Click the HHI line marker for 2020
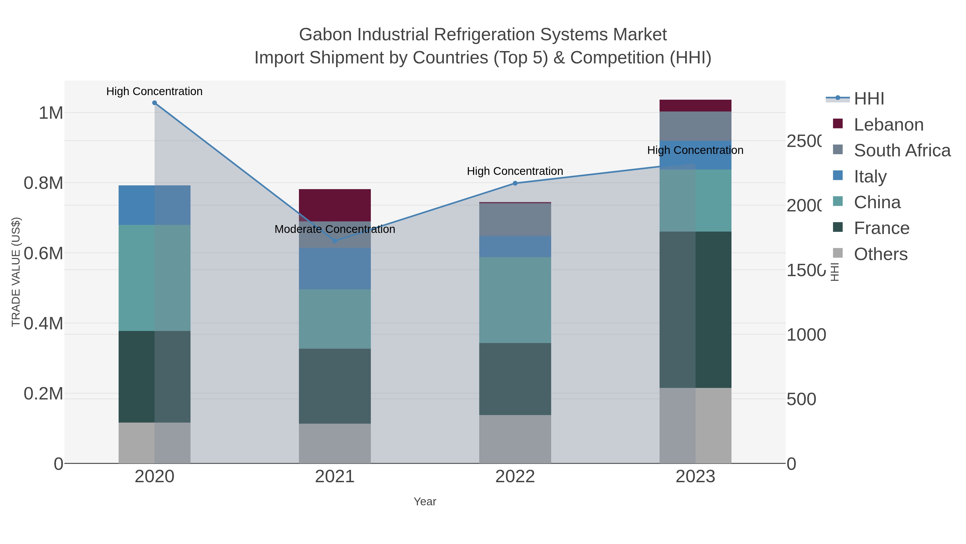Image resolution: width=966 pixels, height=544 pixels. click(155, 103)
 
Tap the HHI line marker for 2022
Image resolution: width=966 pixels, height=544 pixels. click(515, 183)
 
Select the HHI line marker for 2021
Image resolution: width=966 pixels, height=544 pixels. click(335, 241)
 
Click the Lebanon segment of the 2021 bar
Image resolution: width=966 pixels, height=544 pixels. click(335, 205)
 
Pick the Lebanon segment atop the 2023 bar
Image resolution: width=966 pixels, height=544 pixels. click(695, 106)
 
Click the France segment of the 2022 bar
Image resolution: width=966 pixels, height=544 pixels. click(515, 379)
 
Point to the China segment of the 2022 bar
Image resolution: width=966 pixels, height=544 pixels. click(515, 300)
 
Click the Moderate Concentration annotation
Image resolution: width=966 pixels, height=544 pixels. click(335, 229)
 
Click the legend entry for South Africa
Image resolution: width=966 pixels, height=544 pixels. click(902, 150)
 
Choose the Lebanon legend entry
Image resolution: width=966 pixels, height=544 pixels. click(888, 125)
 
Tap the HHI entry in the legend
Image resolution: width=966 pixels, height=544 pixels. click(869, 99)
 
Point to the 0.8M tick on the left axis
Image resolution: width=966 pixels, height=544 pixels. click(43, 183)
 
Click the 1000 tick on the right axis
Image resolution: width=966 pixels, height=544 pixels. click(806, 334)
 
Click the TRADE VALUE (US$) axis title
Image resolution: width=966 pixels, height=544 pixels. click(16, 272)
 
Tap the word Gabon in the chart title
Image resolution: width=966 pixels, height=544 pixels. click(325, 35)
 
